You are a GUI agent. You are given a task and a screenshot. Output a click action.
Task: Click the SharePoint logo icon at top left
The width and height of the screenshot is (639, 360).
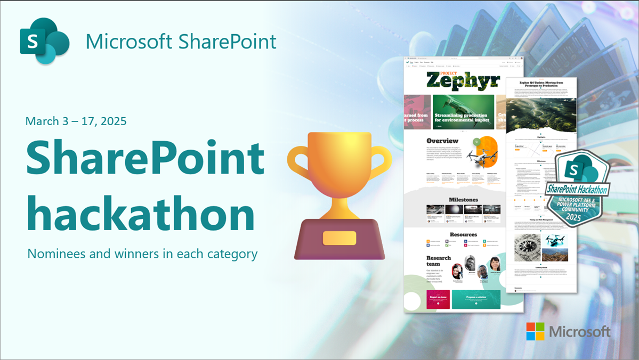44,41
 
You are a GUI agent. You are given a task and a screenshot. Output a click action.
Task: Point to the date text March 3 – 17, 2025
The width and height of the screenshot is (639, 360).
76,121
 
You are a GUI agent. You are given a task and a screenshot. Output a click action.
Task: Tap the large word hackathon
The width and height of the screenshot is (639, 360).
140,212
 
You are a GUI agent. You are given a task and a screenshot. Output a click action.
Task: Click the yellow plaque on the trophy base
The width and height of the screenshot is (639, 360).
339,238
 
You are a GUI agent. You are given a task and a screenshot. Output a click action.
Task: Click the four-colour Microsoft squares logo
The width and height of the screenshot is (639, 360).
535,331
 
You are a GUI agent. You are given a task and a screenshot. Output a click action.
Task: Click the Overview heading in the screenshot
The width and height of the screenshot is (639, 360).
442,141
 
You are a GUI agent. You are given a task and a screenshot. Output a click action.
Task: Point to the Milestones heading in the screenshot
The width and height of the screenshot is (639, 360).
463,199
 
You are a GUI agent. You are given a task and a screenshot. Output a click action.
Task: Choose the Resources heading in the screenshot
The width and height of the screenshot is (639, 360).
463,234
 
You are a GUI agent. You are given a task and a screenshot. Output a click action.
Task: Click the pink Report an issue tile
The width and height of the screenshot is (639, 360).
438,299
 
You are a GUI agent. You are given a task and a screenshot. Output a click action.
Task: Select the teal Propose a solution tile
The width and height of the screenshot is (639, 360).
476,299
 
